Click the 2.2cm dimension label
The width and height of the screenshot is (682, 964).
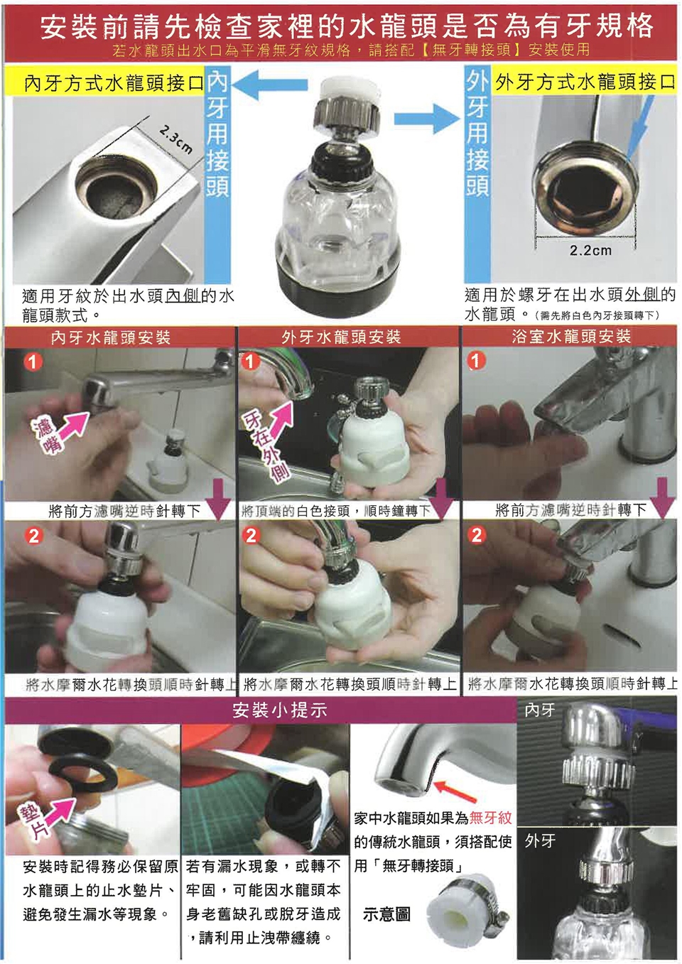(590, 251)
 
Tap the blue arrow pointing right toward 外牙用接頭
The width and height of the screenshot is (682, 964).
(426, 119)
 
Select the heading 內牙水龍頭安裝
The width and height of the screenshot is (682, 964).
(111, 337)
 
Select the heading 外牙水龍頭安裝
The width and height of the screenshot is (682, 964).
(341, 337)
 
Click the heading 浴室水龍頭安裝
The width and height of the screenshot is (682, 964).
(571, 336)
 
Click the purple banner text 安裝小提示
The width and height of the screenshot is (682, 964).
(280, 710)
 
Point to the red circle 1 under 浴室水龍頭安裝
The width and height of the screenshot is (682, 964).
(476, 361)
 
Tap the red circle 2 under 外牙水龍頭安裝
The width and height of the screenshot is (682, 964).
(251, 536)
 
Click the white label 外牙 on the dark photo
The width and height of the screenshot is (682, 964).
(540, 839)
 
